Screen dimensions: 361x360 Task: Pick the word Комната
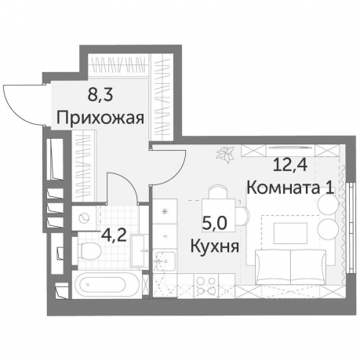point(272,188)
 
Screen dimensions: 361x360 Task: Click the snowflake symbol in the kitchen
point(165,213)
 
